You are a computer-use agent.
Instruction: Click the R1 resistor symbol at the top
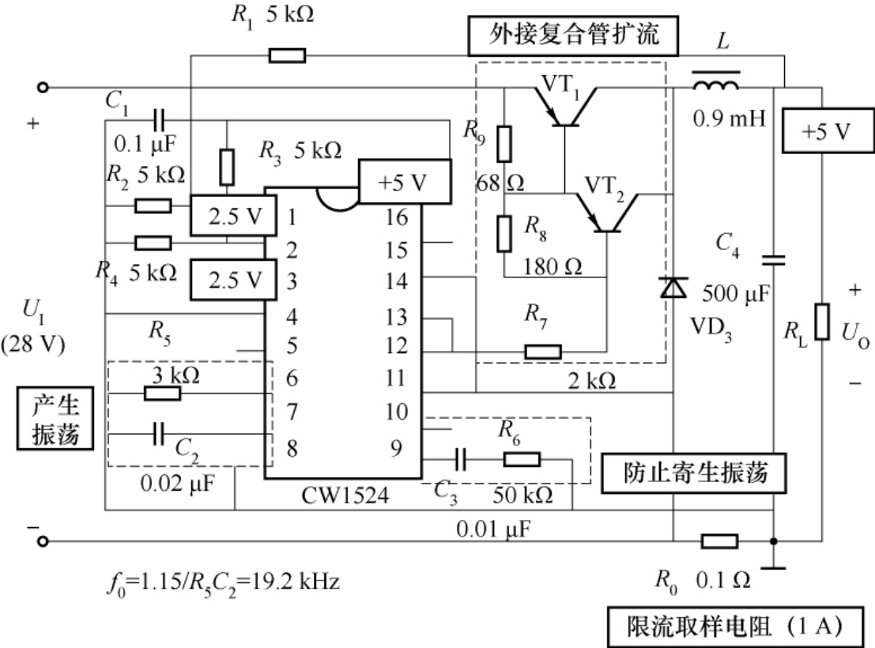tap(287, 55)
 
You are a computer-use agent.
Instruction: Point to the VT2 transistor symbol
tap(605, 214)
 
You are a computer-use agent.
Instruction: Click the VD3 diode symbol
tap(673, 289)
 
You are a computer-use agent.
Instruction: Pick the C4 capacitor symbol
tap(774, 259)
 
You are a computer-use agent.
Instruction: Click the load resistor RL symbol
tap(822, 322)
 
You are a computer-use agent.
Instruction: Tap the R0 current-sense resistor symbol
tap(720, 541)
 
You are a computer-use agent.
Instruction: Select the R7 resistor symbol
tap(543, 351)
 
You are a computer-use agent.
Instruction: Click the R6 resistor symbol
tap(522, 459)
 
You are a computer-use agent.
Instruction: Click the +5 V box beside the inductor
tap(822, 131)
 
